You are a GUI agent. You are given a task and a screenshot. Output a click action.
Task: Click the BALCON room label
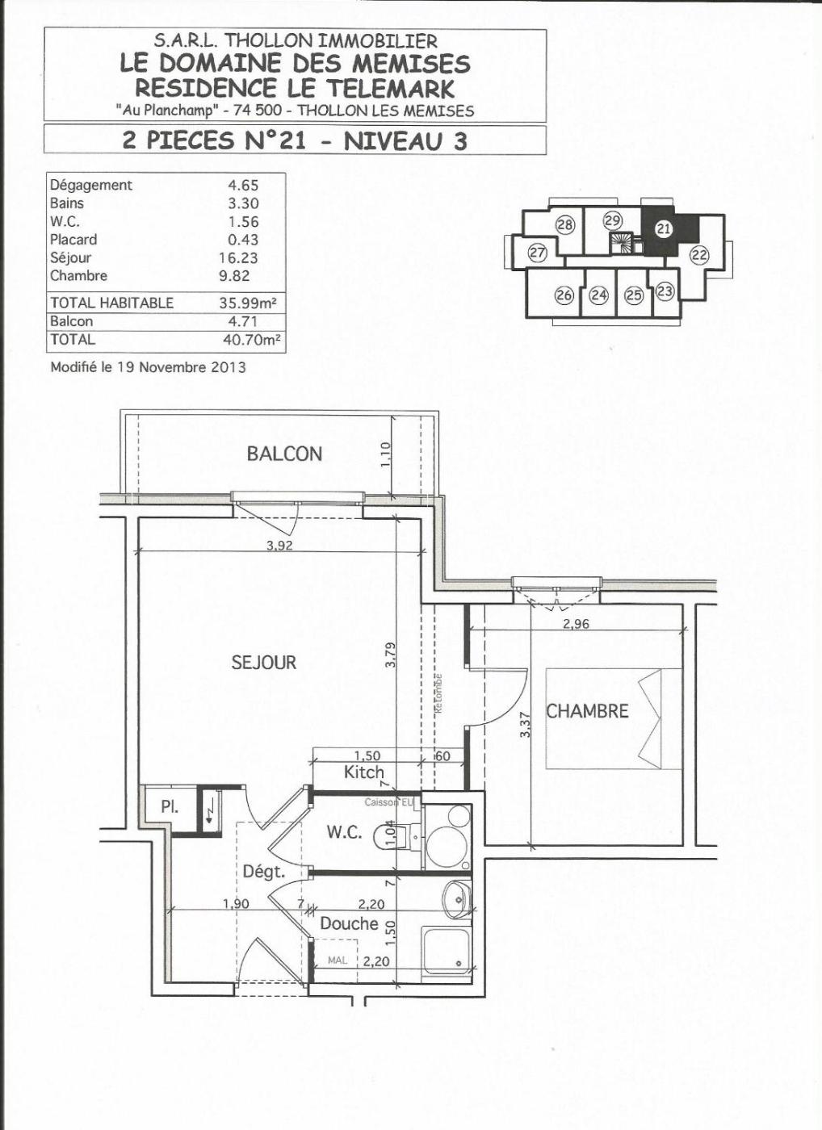coord(284,454)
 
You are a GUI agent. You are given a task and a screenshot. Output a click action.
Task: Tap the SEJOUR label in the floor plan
coord(263,663)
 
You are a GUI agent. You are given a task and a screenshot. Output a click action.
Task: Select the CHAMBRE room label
coord(587,711)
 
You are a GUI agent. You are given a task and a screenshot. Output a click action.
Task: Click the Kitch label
coord(364,772)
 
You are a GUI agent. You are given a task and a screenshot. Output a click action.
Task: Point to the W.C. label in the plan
coord(344,832)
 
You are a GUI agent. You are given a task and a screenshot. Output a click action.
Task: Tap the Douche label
coord(349,923)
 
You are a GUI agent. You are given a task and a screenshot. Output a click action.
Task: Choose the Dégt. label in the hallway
coord(264,872)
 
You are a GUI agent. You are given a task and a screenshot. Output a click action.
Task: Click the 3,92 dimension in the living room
coord(279,546)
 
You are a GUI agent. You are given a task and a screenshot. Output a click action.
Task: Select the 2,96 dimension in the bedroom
coord(576,623)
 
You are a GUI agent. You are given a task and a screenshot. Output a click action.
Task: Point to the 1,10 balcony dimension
coord(385,454)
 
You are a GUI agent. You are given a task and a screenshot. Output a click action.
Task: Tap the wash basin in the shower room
coord(457,898)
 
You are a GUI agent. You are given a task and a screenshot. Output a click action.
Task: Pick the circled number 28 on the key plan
coord(566,224)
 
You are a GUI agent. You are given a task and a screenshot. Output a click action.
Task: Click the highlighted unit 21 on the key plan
coord(664,229)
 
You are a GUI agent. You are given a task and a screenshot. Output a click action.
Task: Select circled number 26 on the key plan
coord(564,295)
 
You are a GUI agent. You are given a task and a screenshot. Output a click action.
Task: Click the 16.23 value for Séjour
coord(238,257)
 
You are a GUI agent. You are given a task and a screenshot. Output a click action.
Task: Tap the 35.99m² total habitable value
coord(248,303)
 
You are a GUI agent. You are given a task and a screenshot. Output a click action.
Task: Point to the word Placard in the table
coord(73,240)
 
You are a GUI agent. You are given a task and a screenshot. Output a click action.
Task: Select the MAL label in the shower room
coord(338,960)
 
